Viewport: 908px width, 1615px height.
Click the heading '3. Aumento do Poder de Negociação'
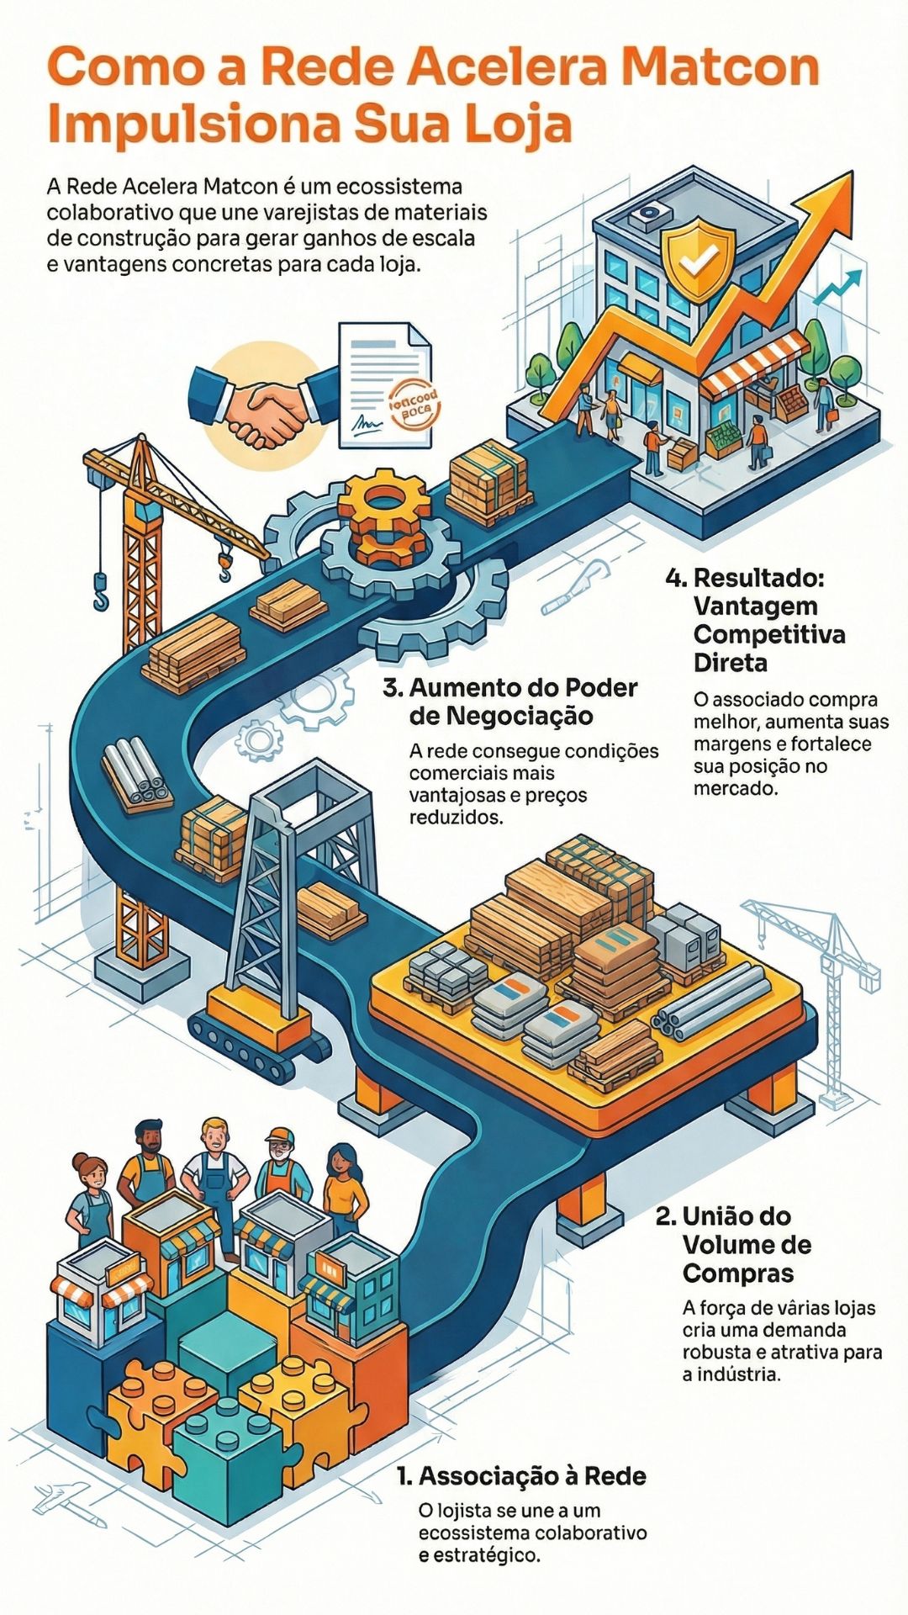point(510,702)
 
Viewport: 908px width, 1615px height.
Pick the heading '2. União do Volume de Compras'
point(734,1244)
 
